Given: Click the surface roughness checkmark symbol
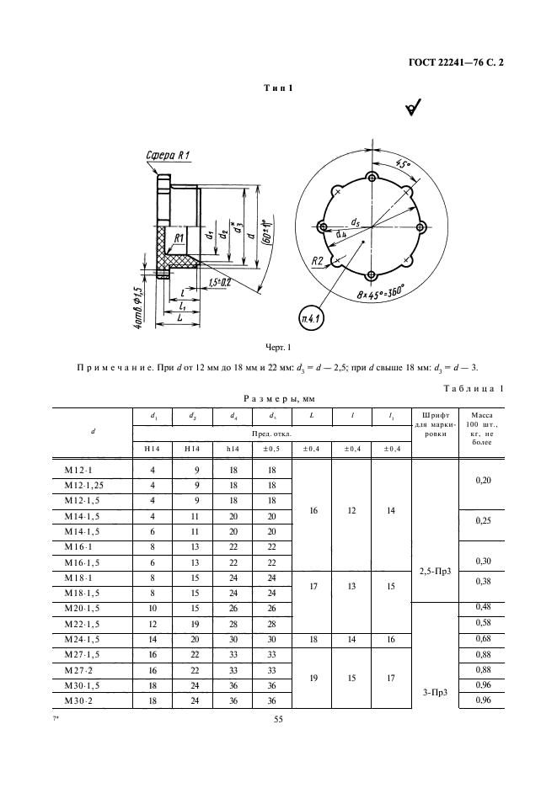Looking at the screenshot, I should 414,107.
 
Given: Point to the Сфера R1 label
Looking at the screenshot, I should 169,155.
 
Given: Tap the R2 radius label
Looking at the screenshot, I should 318,262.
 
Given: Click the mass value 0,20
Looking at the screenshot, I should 482,478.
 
